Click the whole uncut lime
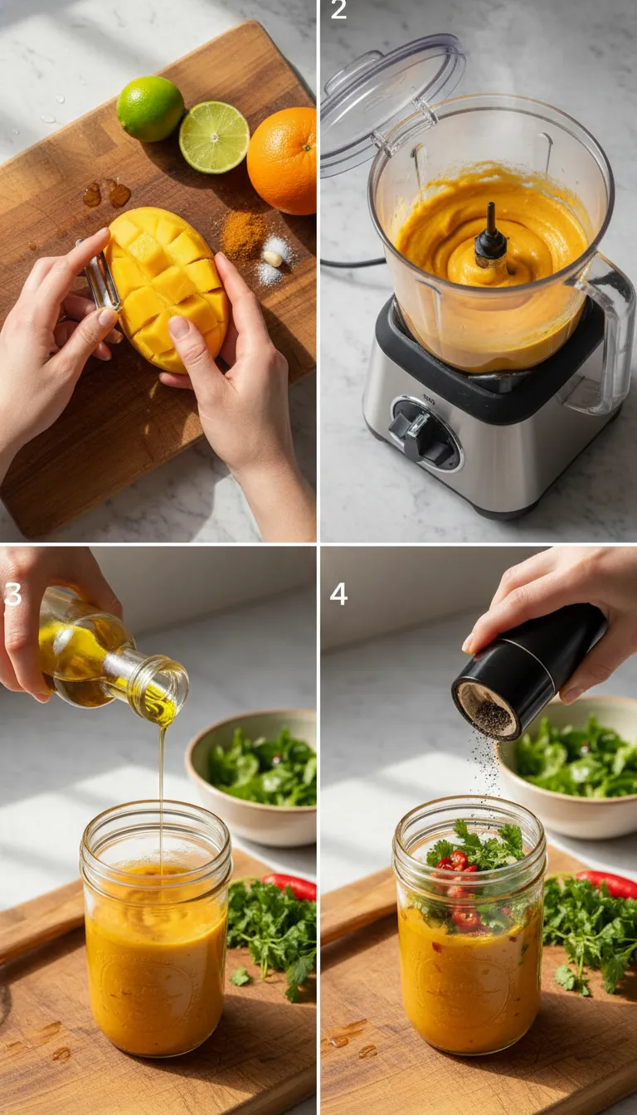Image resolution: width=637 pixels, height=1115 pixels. point(150,108)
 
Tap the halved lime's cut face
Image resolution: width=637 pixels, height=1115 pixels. point(214,137)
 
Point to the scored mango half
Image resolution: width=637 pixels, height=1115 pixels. point(168,286)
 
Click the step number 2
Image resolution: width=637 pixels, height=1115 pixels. point(338,11)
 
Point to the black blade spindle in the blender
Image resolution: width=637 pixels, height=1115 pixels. point(490,238)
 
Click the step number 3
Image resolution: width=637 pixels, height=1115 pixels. point(12,594)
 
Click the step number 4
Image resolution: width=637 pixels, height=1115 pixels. point(338,594)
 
